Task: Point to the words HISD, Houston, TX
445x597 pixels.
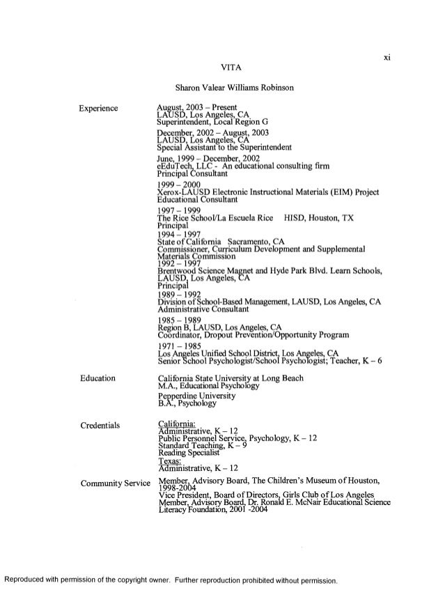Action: pos(318,217)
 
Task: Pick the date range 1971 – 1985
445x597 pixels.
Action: pos(179,346)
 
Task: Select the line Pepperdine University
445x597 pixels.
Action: pos(197,396)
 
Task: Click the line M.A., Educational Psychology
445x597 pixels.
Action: pos(209,385)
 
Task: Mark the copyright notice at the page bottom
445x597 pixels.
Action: pos(171,580)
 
